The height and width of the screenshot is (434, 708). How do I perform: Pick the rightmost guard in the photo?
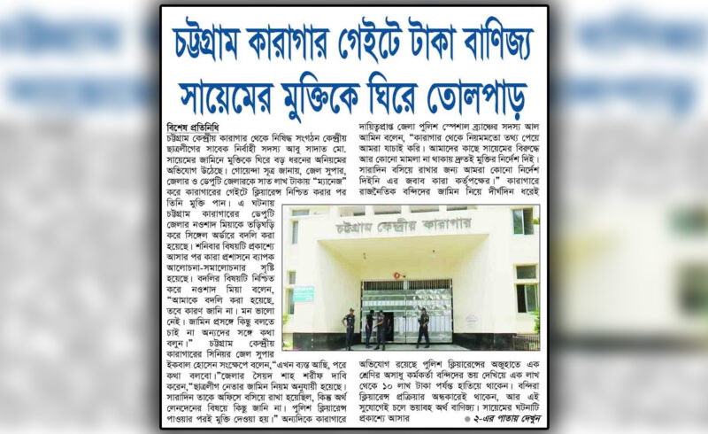pos(424,327)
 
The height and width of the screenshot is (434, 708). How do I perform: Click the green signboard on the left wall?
pos(304,293)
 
